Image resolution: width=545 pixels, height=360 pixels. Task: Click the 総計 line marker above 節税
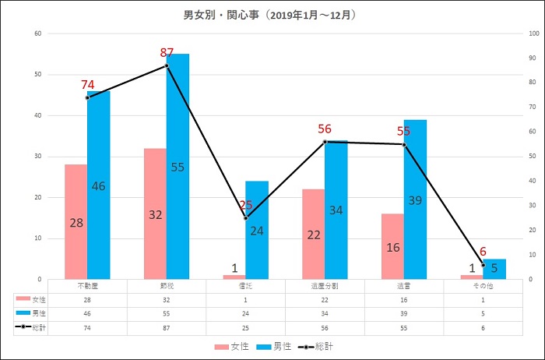167,65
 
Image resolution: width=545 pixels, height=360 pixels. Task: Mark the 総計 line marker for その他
483,264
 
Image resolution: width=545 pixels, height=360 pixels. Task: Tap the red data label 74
88,85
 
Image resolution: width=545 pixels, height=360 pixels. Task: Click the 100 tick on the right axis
532,34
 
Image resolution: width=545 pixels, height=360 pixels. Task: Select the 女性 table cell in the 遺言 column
403,298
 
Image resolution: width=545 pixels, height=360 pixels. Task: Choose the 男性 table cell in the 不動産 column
88,313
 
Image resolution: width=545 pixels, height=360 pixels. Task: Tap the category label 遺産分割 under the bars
325,286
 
